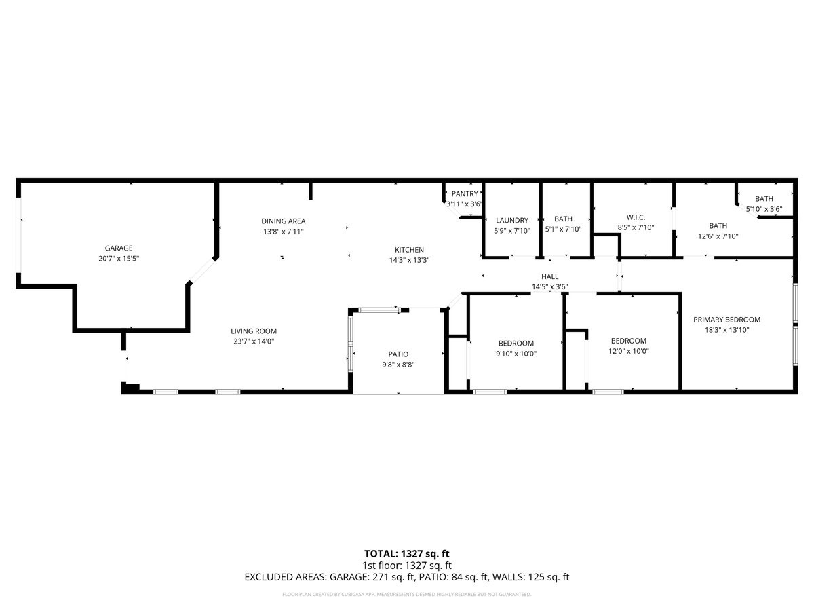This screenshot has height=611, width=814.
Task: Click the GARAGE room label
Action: pyautogui.click(x=119, y=248)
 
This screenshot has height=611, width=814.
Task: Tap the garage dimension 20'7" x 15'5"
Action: pyautogui.click(x=119, y=258)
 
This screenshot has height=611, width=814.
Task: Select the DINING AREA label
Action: pyautogui.click(x=284, y=221)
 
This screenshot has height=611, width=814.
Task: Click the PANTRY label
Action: pyautogui.click(x=465, y=194)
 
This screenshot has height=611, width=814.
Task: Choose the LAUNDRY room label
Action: pyautogui.click(x=512, y=220)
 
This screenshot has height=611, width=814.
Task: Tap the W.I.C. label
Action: pyautogui.click(x=636, y=217)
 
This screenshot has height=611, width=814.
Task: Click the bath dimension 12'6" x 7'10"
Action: pyautogui.click(x=718, y=236)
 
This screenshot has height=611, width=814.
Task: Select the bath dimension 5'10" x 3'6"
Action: pyautogui.click(x=764, y=209)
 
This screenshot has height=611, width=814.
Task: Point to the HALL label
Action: pyautogui.click(x=549, y=276)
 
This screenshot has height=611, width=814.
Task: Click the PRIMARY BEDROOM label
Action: pyautogui.click(x=726, y=320)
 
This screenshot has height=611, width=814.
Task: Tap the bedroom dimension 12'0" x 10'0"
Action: pyautogui.click(x=629, y=351)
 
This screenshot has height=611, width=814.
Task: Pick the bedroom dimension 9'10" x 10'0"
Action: pyautogui.click(x=516, y=353)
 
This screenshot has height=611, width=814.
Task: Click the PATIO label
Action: pyautogui.click(x=398, y=354)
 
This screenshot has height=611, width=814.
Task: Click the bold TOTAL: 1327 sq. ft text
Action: pyautogui.click(x=407, y=553)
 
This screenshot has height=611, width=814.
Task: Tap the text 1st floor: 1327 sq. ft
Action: pyautogui.click(x=407, y=565)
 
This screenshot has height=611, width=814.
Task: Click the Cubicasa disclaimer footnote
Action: pyautogui.click(x=407, y=594)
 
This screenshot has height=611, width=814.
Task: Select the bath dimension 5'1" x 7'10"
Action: pyautogui.click(x=563, y=229)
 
